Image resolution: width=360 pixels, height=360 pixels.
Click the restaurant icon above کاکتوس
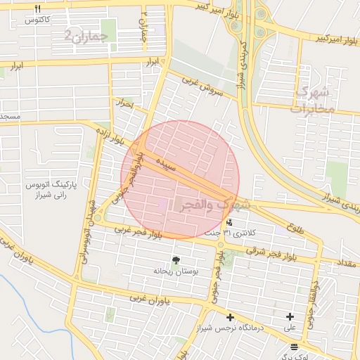pos(38,8)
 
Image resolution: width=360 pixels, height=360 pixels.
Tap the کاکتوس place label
pos(37,20)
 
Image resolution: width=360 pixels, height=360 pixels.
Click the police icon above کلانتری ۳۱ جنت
pos(230,222)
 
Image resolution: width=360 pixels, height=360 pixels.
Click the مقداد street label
pos(348,263)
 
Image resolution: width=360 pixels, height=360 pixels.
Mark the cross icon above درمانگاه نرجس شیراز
pos(230,317)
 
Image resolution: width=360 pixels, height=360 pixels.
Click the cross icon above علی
pos(290,317)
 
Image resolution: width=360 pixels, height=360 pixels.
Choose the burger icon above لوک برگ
pos(293,346)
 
